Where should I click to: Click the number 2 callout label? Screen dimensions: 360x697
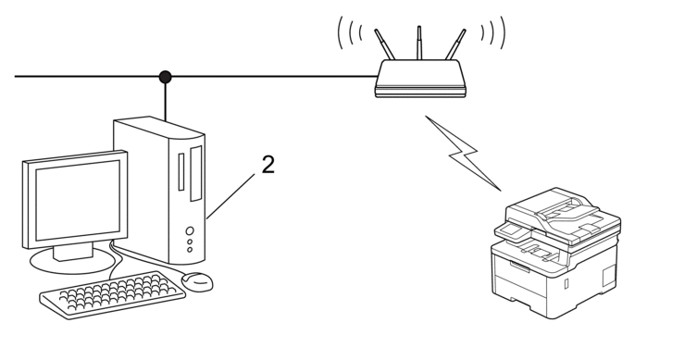point(268,165)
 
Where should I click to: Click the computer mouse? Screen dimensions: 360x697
point(198,280)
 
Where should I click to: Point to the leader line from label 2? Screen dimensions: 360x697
point(235,190)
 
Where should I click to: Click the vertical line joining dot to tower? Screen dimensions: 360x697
point(166,96)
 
